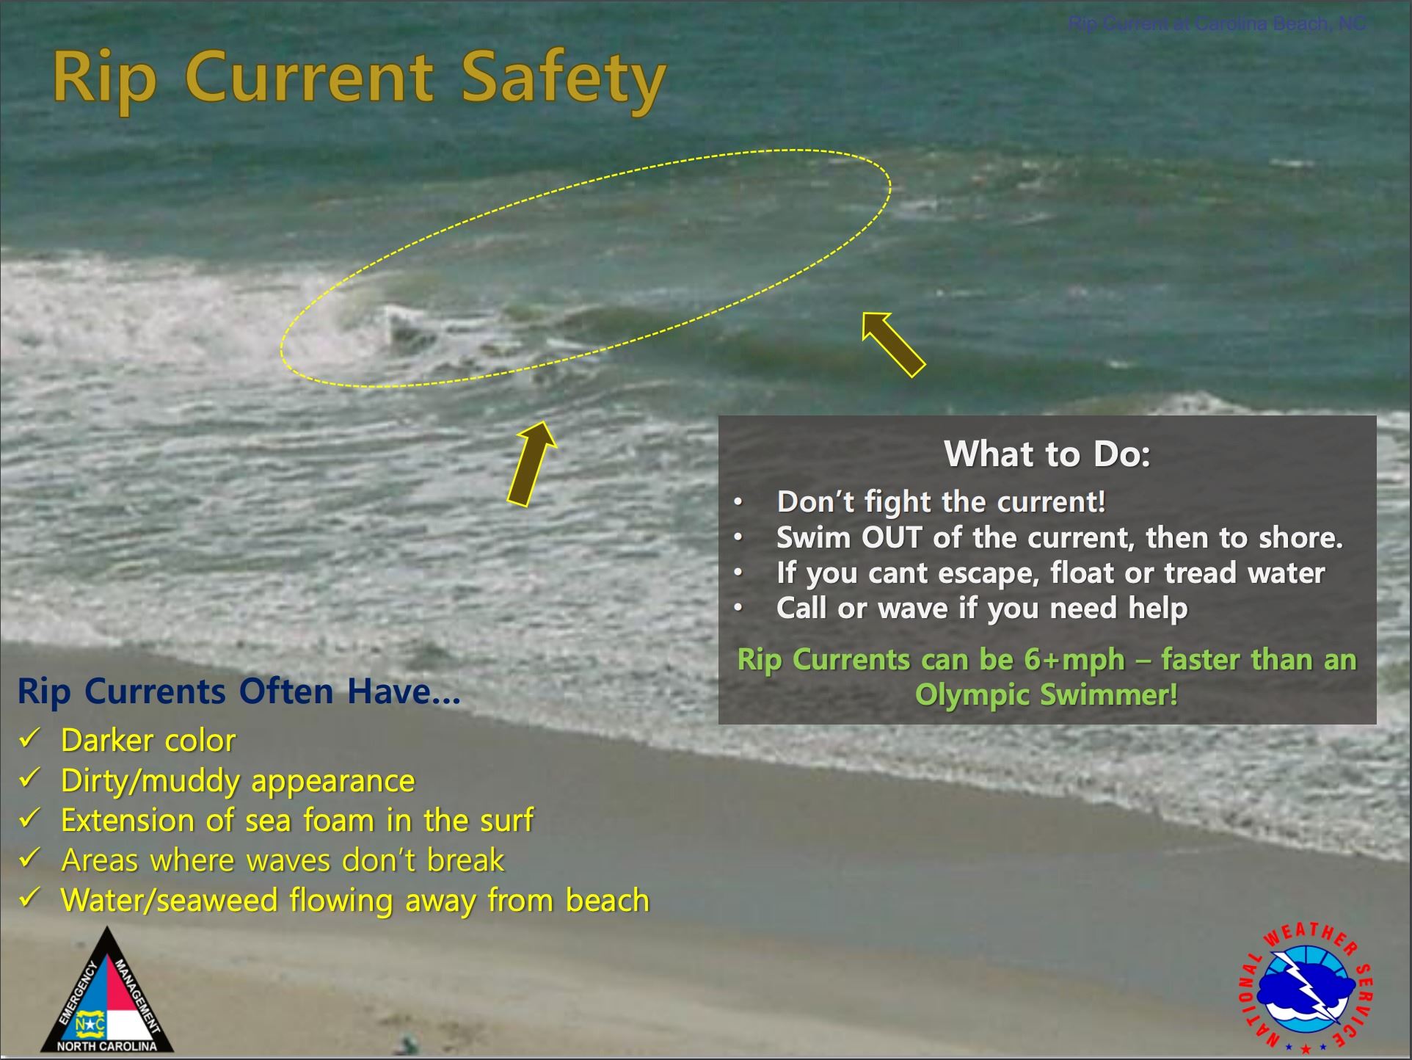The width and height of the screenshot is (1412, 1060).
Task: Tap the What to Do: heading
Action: [x=1047, y=454]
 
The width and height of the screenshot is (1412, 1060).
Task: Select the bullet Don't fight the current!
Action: [x=941, y=502]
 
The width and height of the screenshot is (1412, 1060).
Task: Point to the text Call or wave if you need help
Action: [x=982, y=609]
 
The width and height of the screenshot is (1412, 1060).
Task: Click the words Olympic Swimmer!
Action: [x=1047, y=694]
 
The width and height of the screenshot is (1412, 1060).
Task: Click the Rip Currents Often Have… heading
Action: [x=239, y=691]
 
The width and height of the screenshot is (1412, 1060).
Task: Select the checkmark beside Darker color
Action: [x=30, y=738]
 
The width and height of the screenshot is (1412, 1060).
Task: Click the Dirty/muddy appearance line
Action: [x=238, y=780]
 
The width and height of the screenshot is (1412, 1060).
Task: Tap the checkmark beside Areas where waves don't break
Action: [x=30, y=859]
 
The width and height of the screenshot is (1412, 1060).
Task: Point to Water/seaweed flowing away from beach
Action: [x=355, y=901]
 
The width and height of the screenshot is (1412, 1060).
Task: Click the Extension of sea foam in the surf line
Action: [x=297, y=821]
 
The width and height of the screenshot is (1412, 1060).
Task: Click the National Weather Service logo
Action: [x=1306, y=987]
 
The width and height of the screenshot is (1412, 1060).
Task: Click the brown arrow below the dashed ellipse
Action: [x=532, y=464]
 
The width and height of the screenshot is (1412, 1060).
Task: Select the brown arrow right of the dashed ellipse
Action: [x=893, y=344]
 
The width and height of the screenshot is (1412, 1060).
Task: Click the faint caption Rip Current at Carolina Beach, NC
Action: [x=1217, y=24]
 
